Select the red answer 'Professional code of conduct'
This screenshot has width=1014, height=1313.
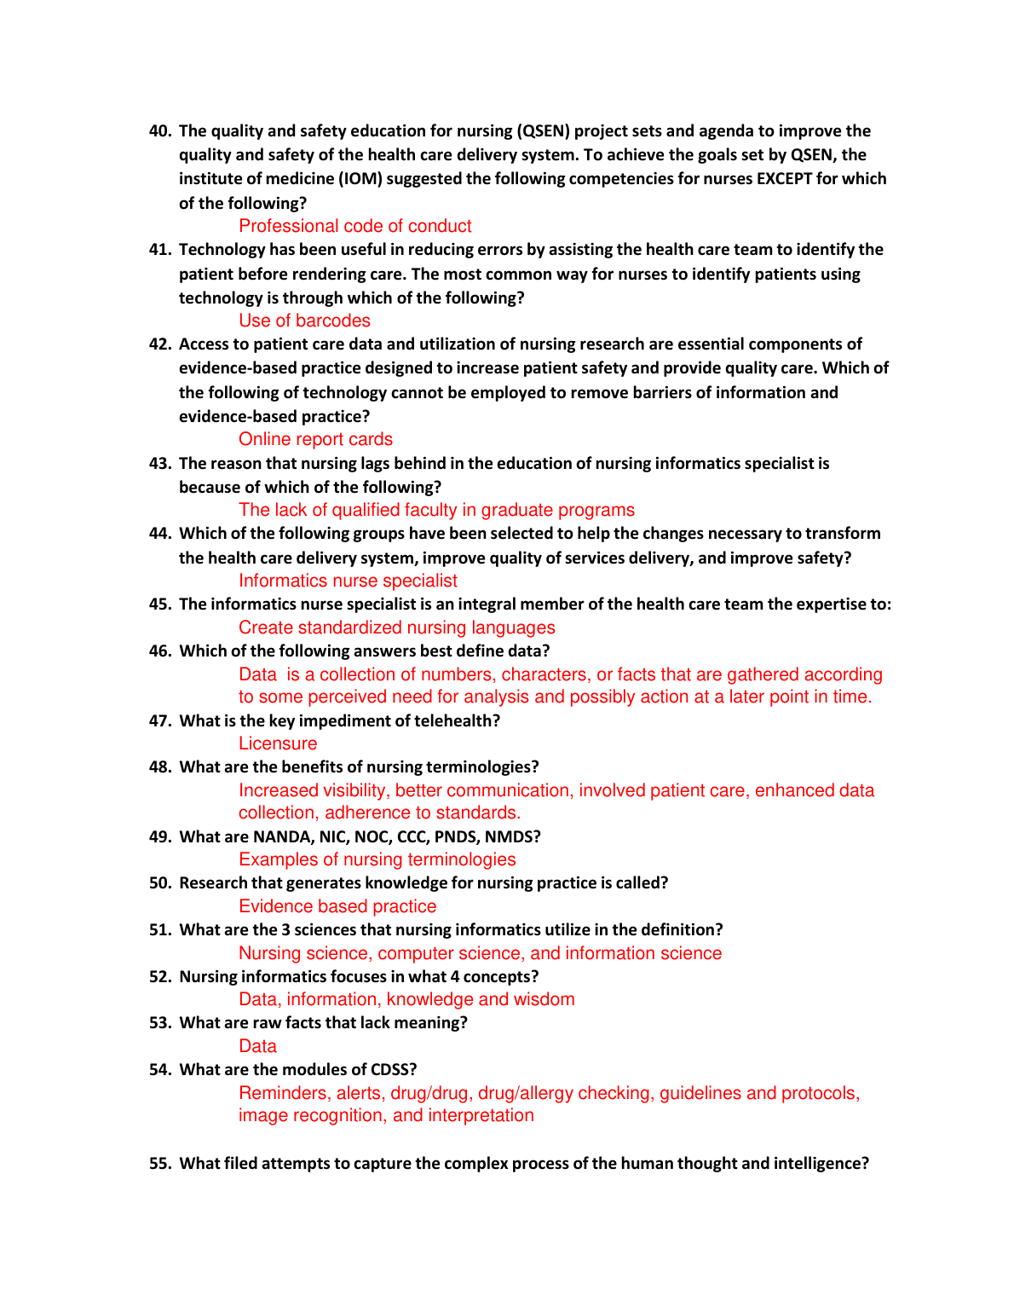tap(354, 226)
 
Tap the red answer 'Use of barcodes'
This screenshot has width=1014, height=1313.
tap(304, 321)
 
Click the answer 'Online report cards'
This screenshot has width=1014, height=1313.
tap(315, 439)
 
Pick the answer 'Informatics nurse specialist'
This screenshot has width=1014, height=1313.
tap(348, 581)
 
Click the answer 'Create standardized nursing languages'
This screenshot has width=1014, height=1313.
tap(396, 628)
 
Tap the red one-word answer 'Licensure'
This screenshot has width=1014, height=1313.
tap(278, 743)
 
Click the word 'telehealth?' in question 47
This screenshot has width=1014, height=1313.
tap(457, 721)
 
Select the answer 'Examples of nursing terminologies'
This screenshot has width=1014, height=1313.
tap(377, 859)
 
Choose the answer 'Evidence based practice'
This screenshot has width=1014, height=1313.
tap(337, 906)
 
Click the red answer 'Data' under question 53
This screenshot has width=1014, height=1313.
tap(257, 1046)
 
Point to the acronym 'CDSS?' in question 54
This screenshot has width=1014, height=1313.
tap(394, 1070)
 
